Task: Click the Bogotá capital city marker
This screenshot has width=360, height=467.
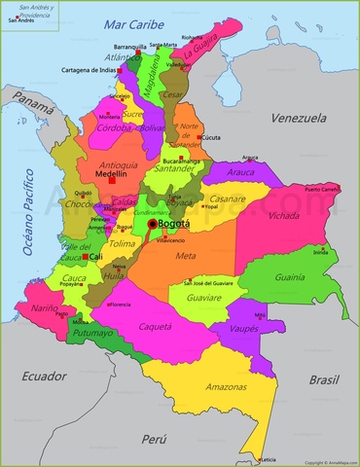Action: [152, 224]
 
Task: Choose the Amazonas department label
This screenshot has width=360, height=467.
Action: [225, 386]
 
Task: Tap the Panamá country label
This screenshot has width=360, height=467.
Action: [34, 100]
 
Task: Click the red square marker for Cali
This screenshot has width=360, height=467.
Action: [85, 257]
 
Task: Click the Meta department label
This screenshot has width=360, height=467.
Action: [185, 256]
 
